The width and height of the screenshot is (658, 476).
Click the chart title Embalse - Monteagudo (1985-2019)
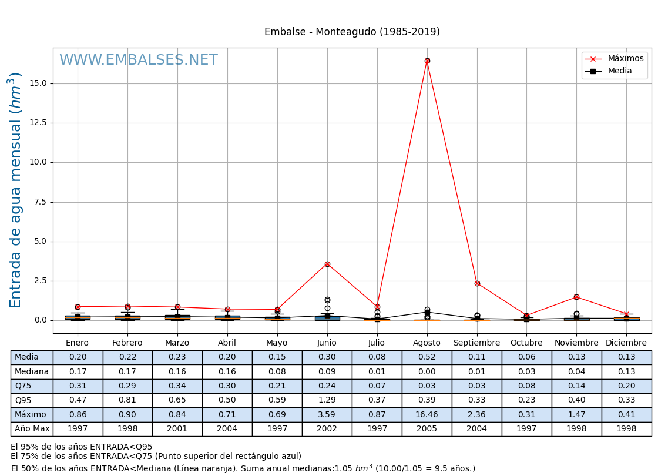coord(352,32)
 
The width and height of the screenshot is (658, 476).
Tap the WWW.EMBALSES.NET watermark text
coord(139,61)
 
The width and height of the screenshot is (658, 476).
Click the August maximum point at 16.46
coord(427,61)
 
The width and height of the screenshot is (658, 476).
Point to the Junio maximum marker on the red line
coord(327,264)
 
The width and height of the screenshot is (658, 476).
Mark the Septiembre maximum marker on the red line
coord(477,283)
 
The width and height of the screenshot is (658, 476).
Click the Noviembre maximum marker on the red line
coord(576,297)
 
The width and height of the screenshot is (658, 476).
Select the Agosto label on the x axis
coord(427,343)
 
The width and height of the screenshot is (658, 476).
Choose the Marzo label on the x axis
coord(177,343)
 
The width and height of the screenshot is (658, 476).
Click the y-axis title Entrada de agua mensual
coord(16,190)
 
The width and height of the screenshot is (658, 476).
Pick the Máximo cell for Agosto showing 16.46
coord(427,415)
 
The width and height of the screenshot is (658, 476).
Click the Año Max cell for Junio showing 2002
coord(327,429)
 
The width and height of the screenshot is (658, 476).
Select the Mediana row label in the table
coord(32,372)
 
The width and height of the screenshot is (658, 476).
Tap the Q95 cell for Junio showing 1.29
coord(327,400)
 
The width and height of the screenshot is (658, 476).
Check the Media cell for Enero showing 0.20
coord(78,357)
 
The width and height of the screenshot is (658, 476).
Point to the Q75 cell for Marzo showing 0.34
coord(177,386)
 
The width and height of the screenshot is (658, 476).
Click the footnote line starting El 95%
coord(82,447)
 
